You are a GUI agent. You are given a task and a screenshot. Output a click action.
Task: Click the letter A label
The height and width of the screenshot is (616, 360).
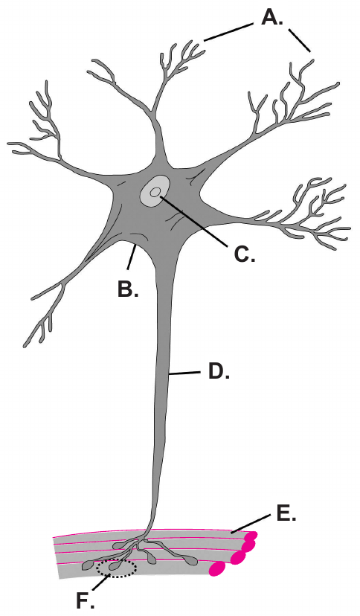click(272, 17)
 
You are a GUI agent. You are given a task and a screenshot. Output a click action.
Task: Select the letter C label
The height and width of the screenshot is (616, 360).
click(244, 254)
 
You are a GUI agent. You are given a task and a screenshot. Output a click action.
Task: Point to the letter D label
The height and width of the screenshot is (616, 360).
click(218, 372)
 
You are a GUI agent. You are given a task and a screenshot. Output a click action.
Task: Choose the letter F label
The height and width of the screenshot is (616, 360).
click(85, 600)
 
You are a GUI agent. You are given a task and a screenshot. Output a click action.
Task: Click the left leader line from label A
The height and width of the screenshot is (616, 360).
click(228, 32)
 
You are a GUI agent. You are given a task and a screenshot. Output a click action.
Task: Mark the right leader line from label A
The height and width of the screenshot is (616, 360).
click(300, 39)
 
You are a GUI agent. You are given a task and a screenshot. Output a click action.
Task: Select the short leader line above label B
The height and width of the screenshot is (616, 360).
click(132, 257)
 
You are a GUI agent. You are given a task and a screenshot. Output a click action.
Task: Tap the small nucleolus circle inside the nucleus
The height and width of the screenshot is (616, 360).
click(155, 192)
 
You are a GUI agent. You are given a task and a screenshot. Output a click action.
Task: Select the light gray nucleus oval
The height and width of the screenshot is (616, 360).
click(155, 190)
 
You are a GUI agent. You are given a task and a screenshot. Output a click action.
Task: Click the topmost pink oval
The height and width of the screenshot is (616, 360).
click(251, 536)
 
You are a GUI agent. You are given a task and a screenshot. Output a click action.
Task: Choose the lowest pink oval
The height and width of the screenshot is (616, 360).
click(217, 568)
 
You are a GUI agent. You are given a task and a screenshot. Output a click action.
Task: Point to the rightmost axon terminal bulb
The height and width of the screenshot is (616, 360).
click(191, 561)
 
